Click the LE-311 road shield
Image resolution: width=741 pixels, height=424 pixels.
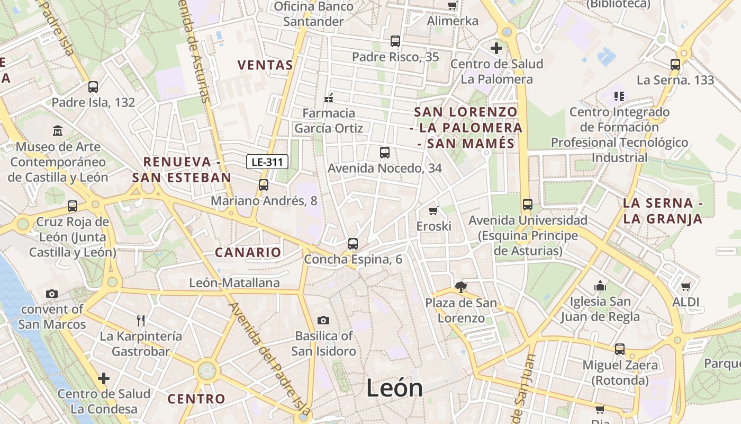tap(267, 162)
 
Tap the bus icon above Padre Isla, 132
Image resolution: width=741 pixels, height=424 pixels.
tap(93, 87)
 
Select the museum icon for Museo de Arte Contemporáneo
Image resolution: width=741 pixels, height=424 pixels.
tap(58, 130)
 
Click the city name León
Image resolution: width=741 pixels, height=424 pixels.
tap(394, 388)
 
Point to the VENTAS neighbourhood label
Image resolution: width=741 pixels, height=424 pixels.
tap(265, 65)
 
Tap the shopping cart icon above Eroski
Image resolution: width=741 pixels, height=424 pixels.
tap(433, 210)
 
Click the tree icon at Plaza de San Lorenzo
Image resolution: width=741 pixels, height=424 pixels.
tap(461, 287)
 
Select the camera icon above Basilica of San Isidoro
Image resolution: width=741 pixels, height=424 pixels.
tap(323, 320)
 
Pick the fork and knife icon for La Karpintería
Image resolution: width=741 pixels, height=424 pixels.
tap(141, 320)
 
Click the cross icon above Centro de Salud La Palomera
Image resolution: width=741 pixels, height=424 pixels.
tap(496, 48)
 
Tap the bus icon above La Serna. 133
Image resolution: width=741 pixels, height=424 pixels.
tap(675, 65)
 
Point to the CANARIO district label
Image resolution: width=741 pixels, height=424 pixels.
tap(248, 252)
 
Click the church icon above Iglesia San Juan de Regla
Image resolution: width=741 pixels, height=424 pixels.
tap(600, 286)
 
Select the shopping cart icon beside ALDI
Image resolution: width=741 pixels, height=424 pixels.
tap(686, 287)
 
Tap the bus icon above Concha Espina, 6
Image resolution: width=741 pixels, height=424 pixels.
tap(353, 244)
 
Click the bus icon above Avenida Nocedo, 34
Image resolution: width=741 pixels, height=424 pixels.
tap(385, 153)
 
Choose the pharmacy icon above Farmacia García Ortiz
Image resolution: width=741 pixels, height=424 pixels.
tap(329, 98)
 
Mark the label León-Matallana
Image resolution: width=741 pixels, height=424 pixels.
tap(234, 283)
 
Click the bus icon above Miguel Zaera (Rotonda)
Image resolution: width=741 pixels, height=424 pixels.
tap(620, 349)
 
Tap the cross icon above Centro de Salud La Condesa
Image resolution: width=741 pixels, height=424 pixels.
tap(104, 378)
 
